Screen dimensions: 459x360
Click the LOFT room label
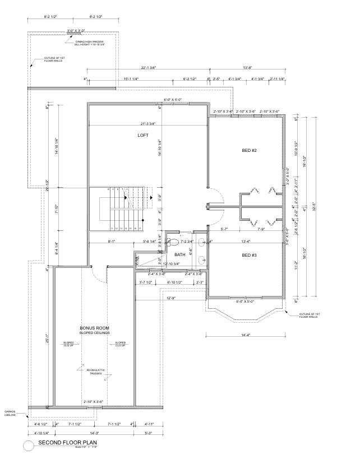pos(142,136)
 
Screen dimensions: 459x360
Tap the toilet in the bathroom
pos(174,243)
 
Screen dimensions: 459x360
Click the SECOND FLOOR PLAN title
pos(68,443)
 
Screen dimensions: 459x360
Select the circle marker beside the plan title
pos(28,445)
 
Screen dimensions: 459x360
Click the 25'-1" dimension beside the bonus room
pos(48,339)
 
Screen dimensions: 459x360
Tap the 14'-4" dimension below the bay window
pos(246,335)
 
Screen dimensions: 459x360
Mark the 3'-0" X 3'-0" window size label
pos(76,31)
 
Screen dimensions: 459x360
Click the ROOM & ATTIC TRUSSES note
pos(95,372)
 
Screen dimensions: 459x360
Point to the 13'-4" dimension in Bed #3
pos(246,242)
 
